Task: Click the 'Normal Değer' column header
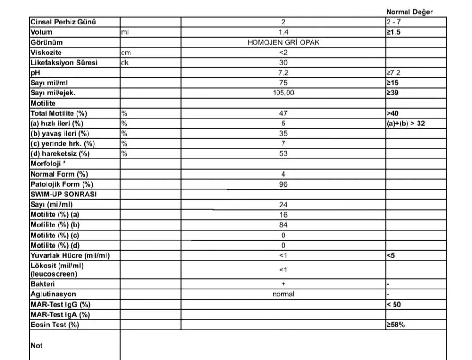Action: [x=409, y=12]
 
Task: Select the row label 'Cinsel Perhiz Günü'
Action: [x=64, y=22]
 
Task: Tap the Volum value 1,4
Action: [x=283, y=32]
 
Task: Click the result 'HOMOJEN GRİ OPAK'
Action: [x=283, y=42]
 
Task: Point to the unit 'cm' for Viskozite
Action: [x=126, y=53]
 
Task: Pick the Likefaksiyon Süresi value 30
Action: [x=283, y=63]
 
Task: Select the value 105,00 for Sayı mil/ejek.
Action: [x=283, y=93]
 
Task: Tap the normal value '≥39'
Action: [x=394, y=93]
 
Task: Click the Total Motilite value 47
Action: [x=283, y=113]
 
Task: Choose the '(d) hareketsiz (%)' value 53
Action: [x=283, y=154]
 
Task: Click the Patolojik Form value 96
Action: [x=283, y=184]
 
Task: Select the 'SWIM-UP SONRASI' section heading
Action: [x=63, y=195]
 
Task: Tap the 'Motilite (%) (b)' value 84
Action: [x=283, y=225]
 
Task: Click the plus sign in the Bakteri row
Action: [x=283, y=284]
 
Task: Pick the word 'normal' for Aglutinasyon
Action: [x=283, y=294]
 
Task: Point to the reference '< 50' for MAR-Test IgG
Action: [x=395, y=304]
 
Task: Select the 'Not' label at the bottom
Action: [x=36, y=345]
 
